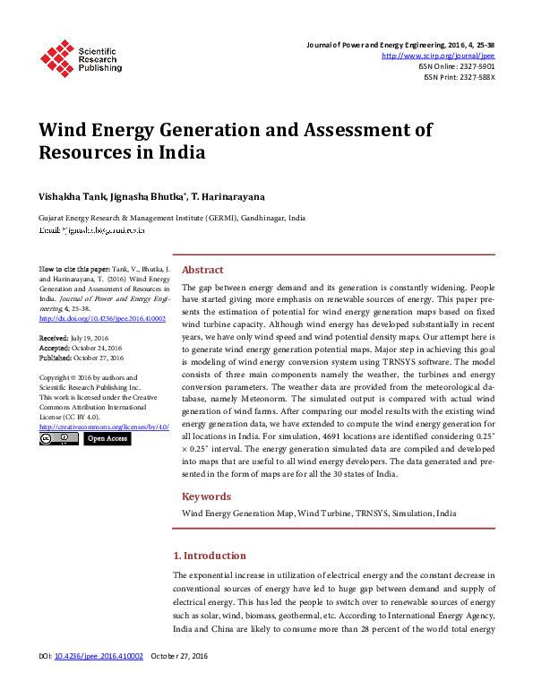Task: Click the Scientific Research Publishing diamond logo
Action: click(57, 58)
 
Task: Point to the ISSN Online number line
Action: click(456, 66)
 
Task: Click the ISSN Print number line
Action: click(459, 77)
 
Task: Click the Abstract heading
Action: click(202, 270)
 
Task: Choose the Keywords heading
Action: click(207, 496)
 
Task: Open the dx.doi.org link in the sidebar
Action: click(102, 318)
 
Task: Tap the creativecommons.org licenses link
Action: click(105, 427)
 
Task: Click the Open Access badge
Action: click(107, 439)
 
